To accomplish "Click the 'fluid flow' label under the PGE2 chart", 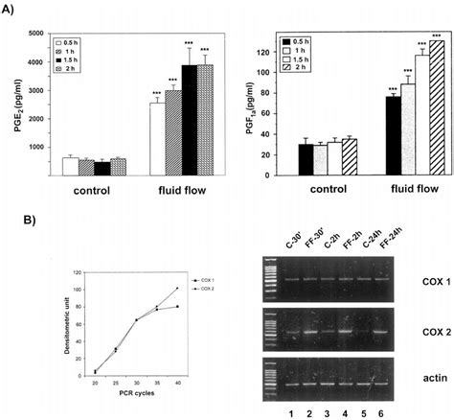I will [183, 190].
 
